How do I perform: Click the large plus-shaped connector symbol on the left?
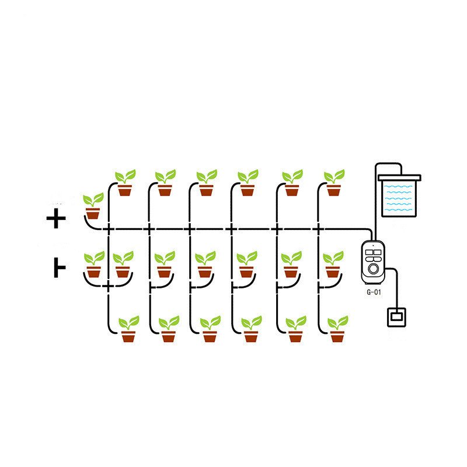tap(56, 218)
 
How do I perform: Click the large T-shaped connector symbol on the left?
tap(60, 268)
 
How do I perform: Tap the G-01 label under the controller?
tap(374, 292)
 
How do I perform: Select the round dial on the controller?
tap(373, 269)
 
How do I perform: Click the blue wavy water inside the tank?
tap(399, 198)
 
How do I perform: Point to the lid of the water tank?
tap(399, 178)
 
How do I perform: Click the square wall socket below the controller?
tap(396, 318)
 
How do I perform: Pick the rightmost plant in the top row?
tap(334, 183)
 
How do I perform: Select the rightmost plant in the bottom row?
tap(337, 329)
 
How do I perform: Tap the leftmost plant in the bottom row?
tap(128, 329)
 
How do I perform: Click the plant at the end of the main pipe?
tap(93, 206)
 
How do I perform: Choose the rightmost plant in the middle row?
tap(333, 264)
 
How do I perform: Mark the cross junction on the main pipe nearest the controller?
tap(318, 229)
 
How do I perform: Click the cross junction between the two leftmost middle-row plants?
tap(109, 286)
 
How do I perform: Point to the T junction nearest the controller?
tap(319, 287)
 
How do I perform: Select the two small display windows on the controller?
tap(373, 252)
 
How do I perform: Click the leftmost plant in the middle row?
tap(94, 264)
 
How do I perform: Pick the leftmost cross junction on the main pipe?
tap(109, 229)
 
